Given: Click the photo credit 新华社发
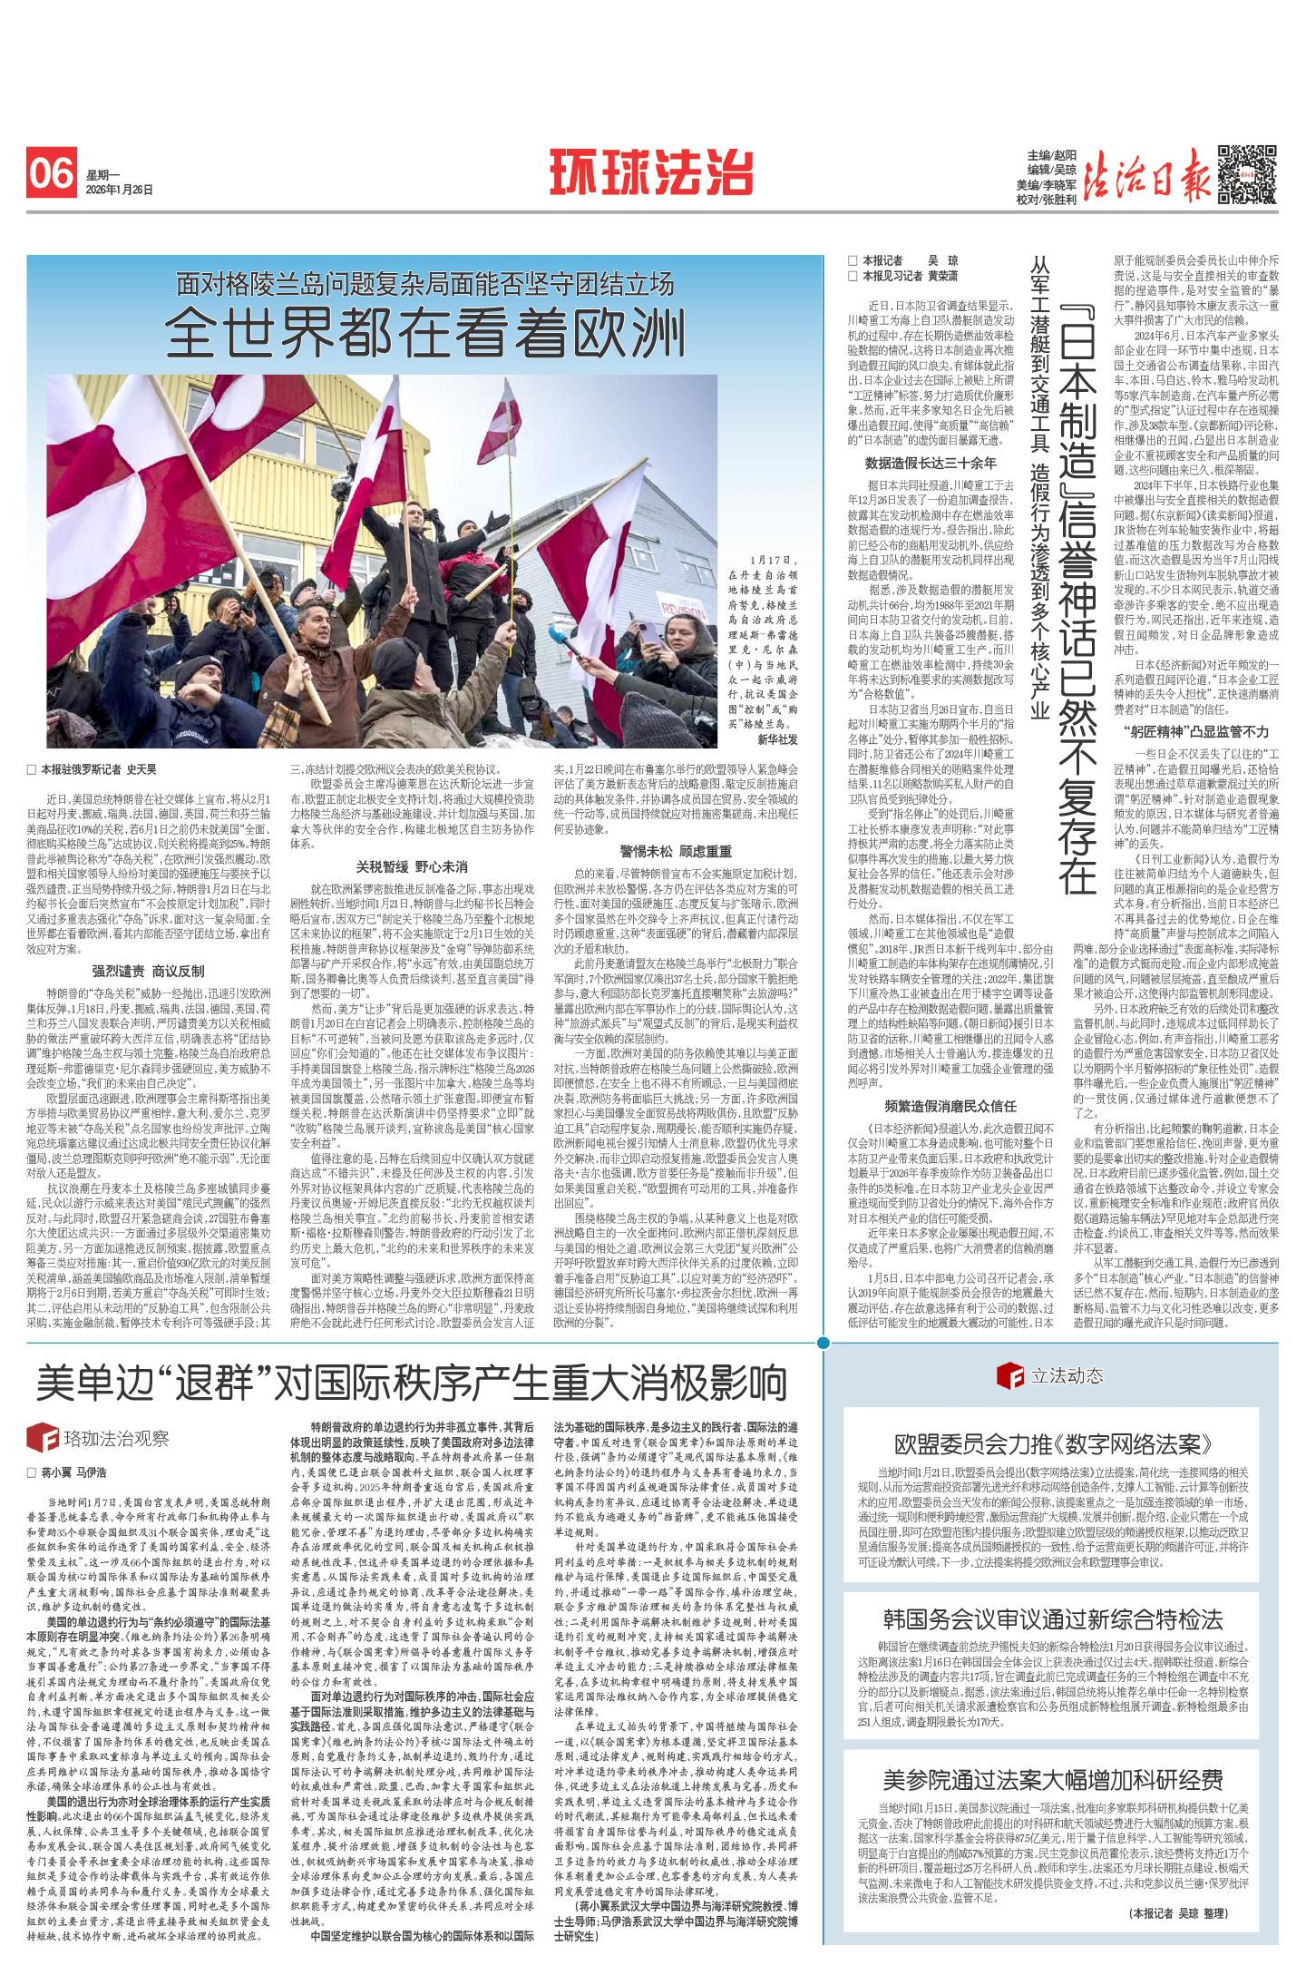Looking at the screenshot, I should coord(776,740).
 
